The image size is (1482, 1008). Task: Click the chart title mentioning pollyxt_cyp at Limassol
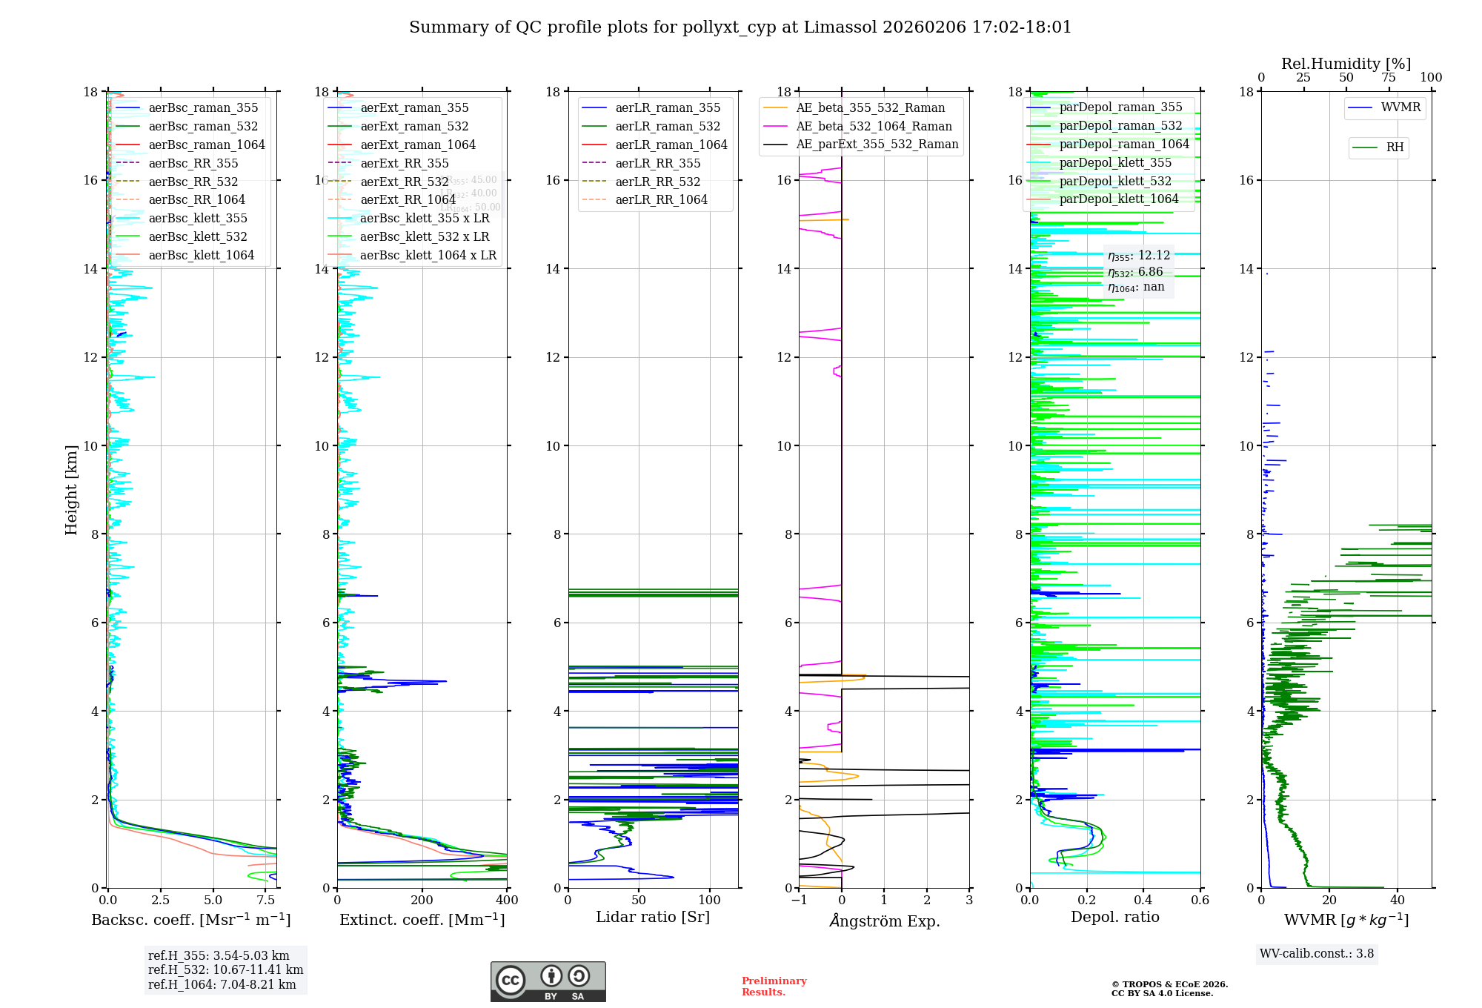pos(740,27)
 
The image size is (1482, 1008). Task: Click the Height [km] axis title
pos(71,490)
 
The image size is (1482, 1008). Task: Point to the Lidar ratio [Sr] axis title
pos(653,918)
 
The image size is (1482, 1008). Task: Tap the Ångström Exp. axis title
pos(884,921)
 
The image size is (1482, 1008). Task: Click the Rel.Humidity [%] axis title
pos(1346,64)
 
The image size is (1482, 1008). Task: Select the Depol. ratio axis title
pos(1114,918)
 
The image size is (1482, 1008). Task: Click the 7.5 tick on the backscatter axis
pos(266,901)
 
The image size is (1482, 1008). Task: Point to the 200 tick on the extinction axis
pos(422,901)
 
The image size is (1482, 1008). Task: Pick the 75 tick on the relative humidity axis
pos(1389,78)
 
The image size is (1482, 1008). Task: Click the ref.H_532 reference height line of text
pos(225,969)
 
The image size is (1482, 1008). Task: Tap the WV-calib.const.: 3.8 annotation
pos(1317,954)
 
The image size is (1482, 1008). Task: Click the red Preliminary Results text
pos(774,987)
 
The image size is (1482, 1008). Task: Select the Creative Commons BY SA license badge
pos(548,982)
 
